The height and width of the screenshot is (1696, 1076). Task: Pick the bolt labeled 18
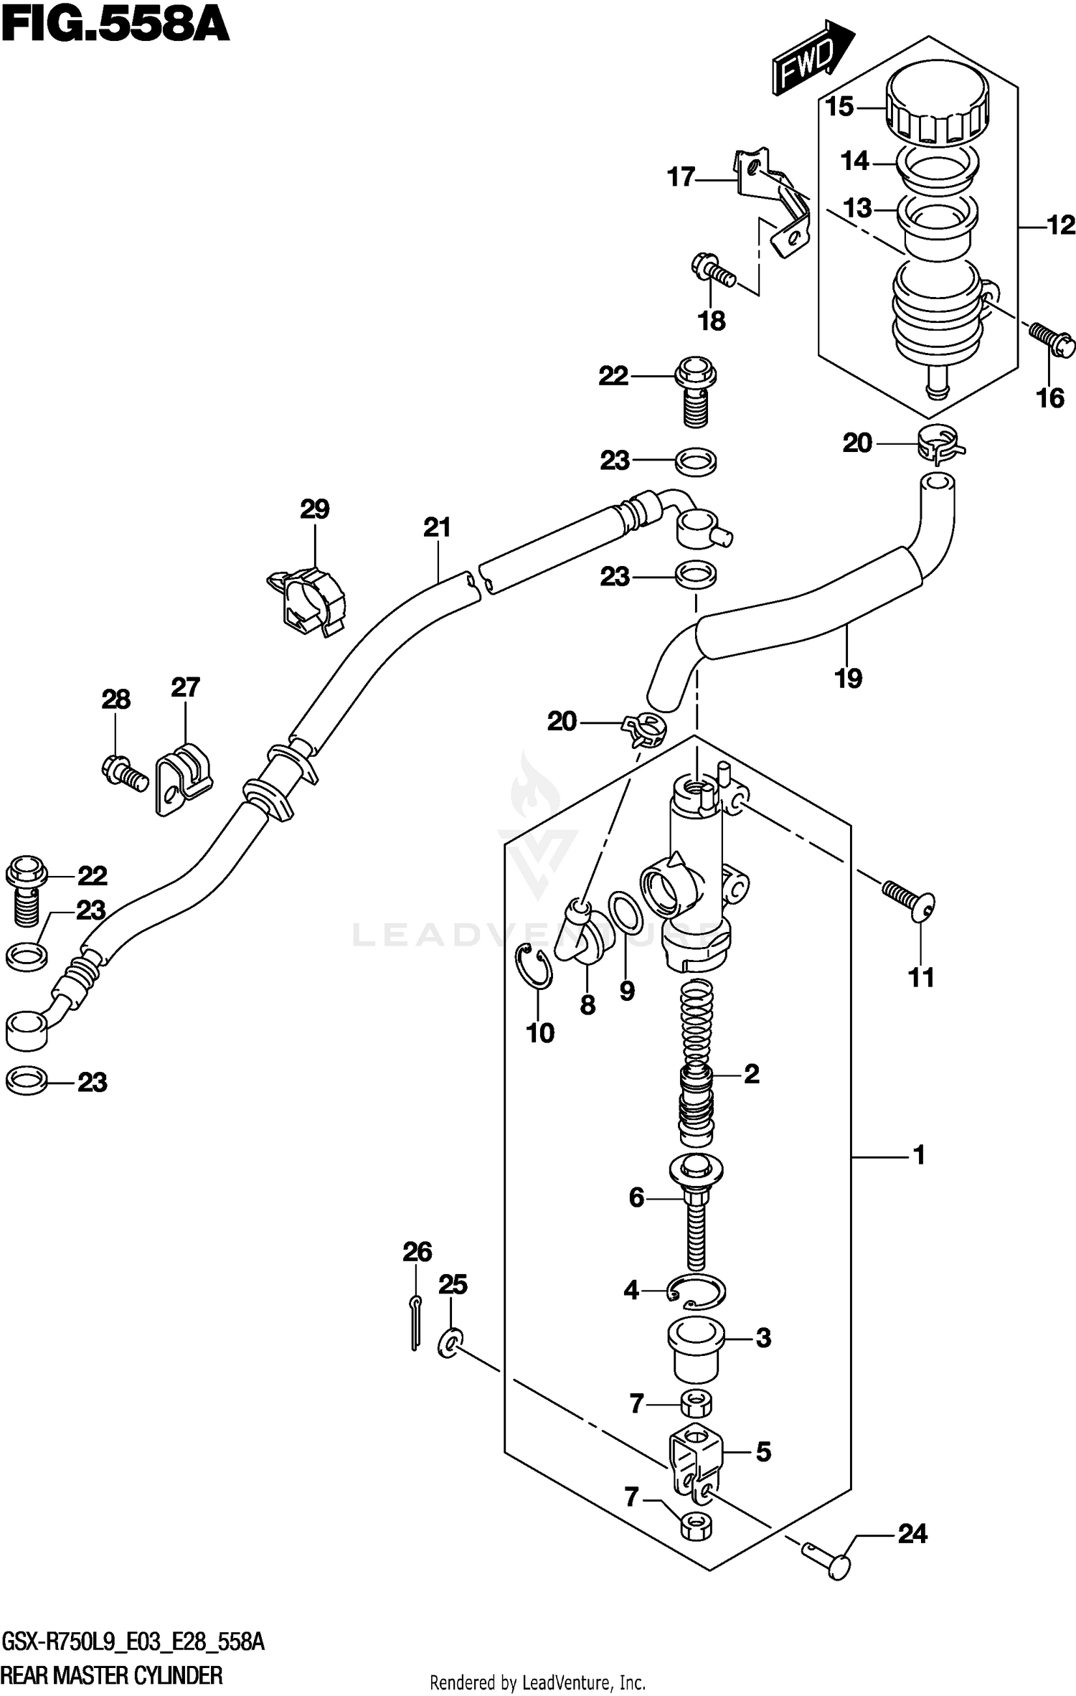[x=712, y=273]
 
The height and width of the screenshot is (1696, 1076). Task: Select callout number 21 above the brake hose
[x=437, y=528]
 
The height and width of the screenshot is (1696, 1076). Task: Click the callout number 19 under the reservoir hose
[x=848, y=678]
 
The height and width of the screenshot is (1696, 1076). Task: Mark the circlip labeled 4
[x=696, y=1291]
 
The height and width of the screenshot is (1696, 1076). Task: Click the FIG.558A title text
[x=115, y=27]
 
